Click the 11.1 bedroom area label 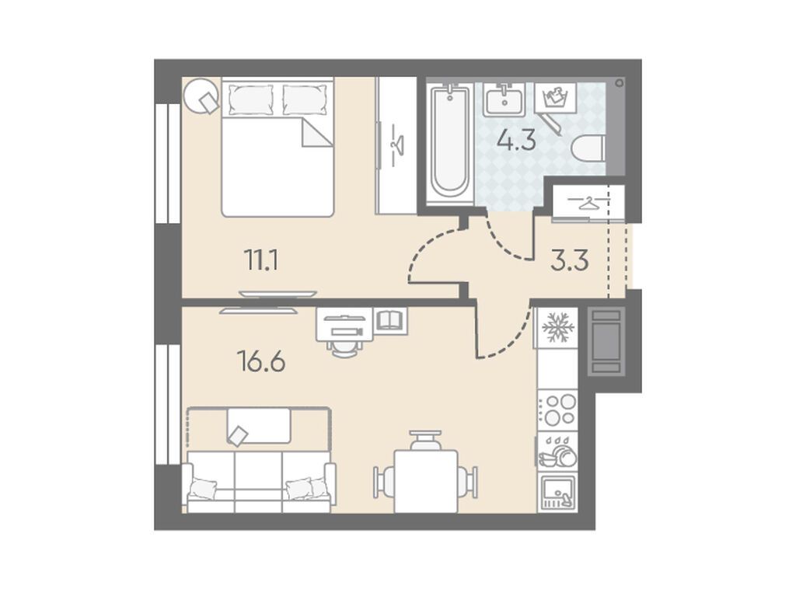point(261,261)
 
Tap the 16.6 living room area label point(261,362)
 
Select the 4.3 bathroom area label point(516,140)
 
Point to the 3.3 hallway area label point(570,261)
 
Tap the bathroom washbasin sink point(504,99)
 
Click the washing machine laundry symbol point(555,97)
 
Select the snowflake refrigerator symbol point(558,327)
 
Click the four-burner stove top point(558,410)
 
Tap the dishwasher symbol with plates point(558,450)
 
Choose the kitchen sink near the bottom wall point(558,492)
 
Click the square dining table point(426,481)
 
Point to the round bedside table point(201,96)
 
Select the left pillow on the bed point(250,99)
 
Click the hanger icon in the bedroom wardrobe point(396,144)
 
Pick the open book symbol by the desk point(390,320)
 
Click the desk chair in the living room point(344,348)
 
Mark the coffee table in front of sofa point(259,425)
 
